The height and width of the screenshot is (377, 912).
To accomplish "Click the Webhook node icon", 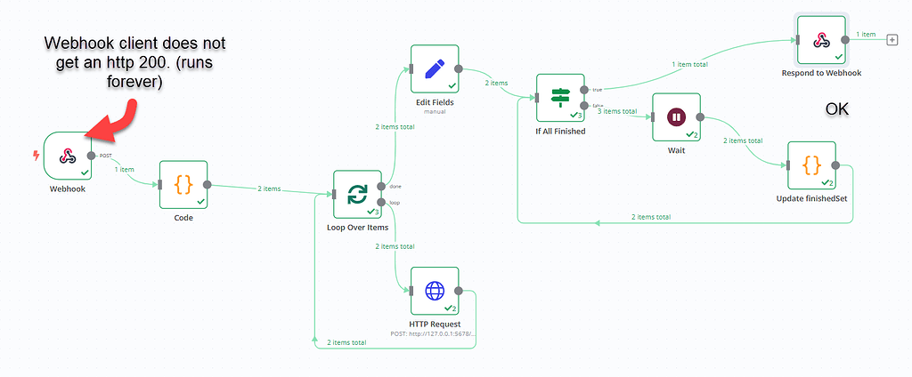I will click(x=66, y=156).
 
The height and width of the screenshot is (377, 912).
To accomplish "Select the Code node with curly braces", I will click(x=183, y=184).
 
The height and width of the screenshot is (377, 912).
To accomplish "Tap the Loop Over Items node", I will click(x=357, y=195).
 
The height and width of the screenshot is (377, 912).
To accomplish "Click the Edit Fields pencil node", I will click(x=435, y=68).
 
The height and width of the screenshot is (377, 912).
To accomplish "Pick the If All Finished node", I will click(x=560, y=97).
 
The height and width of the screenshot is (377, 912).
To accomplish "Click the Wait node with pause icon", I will click(x=676, y=116).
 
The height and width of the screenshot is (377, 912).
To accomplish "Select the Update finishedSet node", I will click(x=811, y=165).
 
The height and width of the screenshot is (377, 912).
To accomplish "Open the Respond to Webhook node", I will click(x=821, y=38).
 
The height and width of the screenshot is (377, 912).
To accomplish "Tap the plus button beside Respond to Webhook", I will click(x=893, y=38).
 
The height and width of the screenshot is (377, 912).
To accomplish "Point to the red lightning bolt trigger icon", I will click(x=36, y=156).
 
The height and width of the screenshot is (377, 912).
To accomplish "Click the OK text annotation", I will click(x=836, y=108).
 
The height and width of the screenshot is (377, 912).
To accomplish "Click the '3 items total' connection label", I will click(x=616, y=111).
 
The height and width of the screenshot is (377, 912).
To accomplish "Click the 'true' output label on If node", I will click(x=597, y=90).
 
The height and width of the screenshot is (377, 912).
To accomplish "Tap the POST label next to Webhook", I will click(x=105, y=156).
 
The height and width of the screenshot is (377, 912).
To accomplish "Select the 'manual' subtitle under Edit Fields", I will click(x=435, y=113).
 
